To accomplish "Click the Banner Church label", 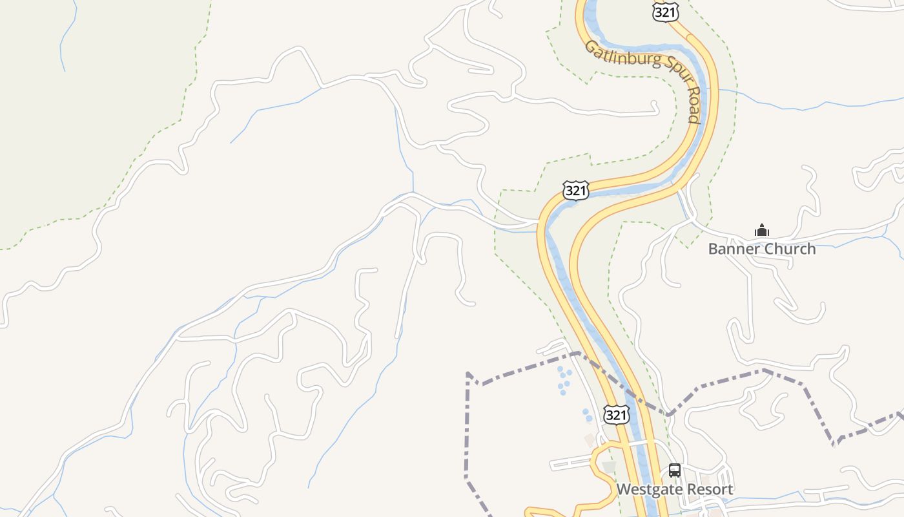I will [762, 249].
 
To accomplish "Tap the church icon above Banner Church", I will [762, 230].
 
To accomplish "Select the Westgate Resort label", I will [675, 489].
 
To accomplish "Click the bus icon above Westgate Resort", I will [675, 470].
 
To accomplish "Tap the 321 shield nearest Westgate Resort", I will [617, 414].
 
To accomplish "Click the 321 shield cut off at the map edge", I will [665, 11].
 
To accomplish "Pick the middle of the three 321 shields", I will [575, 191].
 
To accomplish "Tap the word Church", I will [792, 249].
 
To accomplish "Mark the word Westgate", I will [648, 489].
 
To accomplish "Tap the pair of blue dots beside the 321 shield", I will [588, 414].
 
